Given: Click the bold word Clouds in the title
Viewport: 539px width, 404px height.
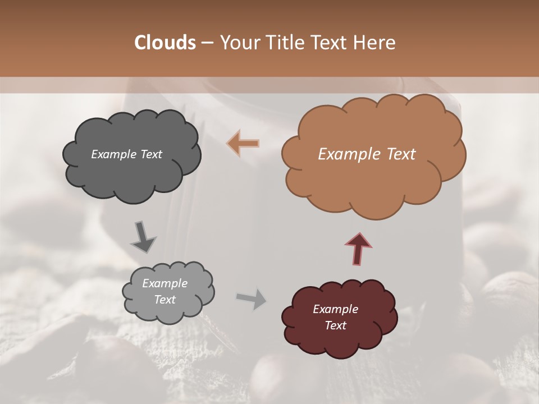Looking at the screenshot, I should point(165,43).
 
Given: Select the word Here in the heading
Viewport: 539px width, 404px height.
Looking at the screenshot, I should point(376,43).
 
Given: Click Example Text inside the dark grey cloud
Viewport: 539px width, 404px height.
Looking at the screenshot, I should point(126,154).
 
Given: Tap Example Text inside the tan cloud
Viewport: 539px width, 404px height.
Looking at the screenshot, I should point(367,154).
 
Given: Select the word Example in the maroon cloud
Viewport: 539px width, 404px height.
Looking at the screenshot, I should point(335,309).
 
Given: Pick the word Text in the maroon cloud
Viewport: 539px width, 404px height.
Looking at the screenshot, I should point(335,325).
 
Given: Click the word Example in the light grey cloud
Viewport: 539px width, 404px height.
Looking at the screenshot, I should point(165,283).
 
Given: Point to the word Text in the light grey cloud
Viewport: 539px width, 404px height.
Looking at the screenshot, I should point(165,300).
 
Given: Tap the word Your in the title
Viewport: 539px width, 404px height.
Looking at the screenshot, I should point(237,43).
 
